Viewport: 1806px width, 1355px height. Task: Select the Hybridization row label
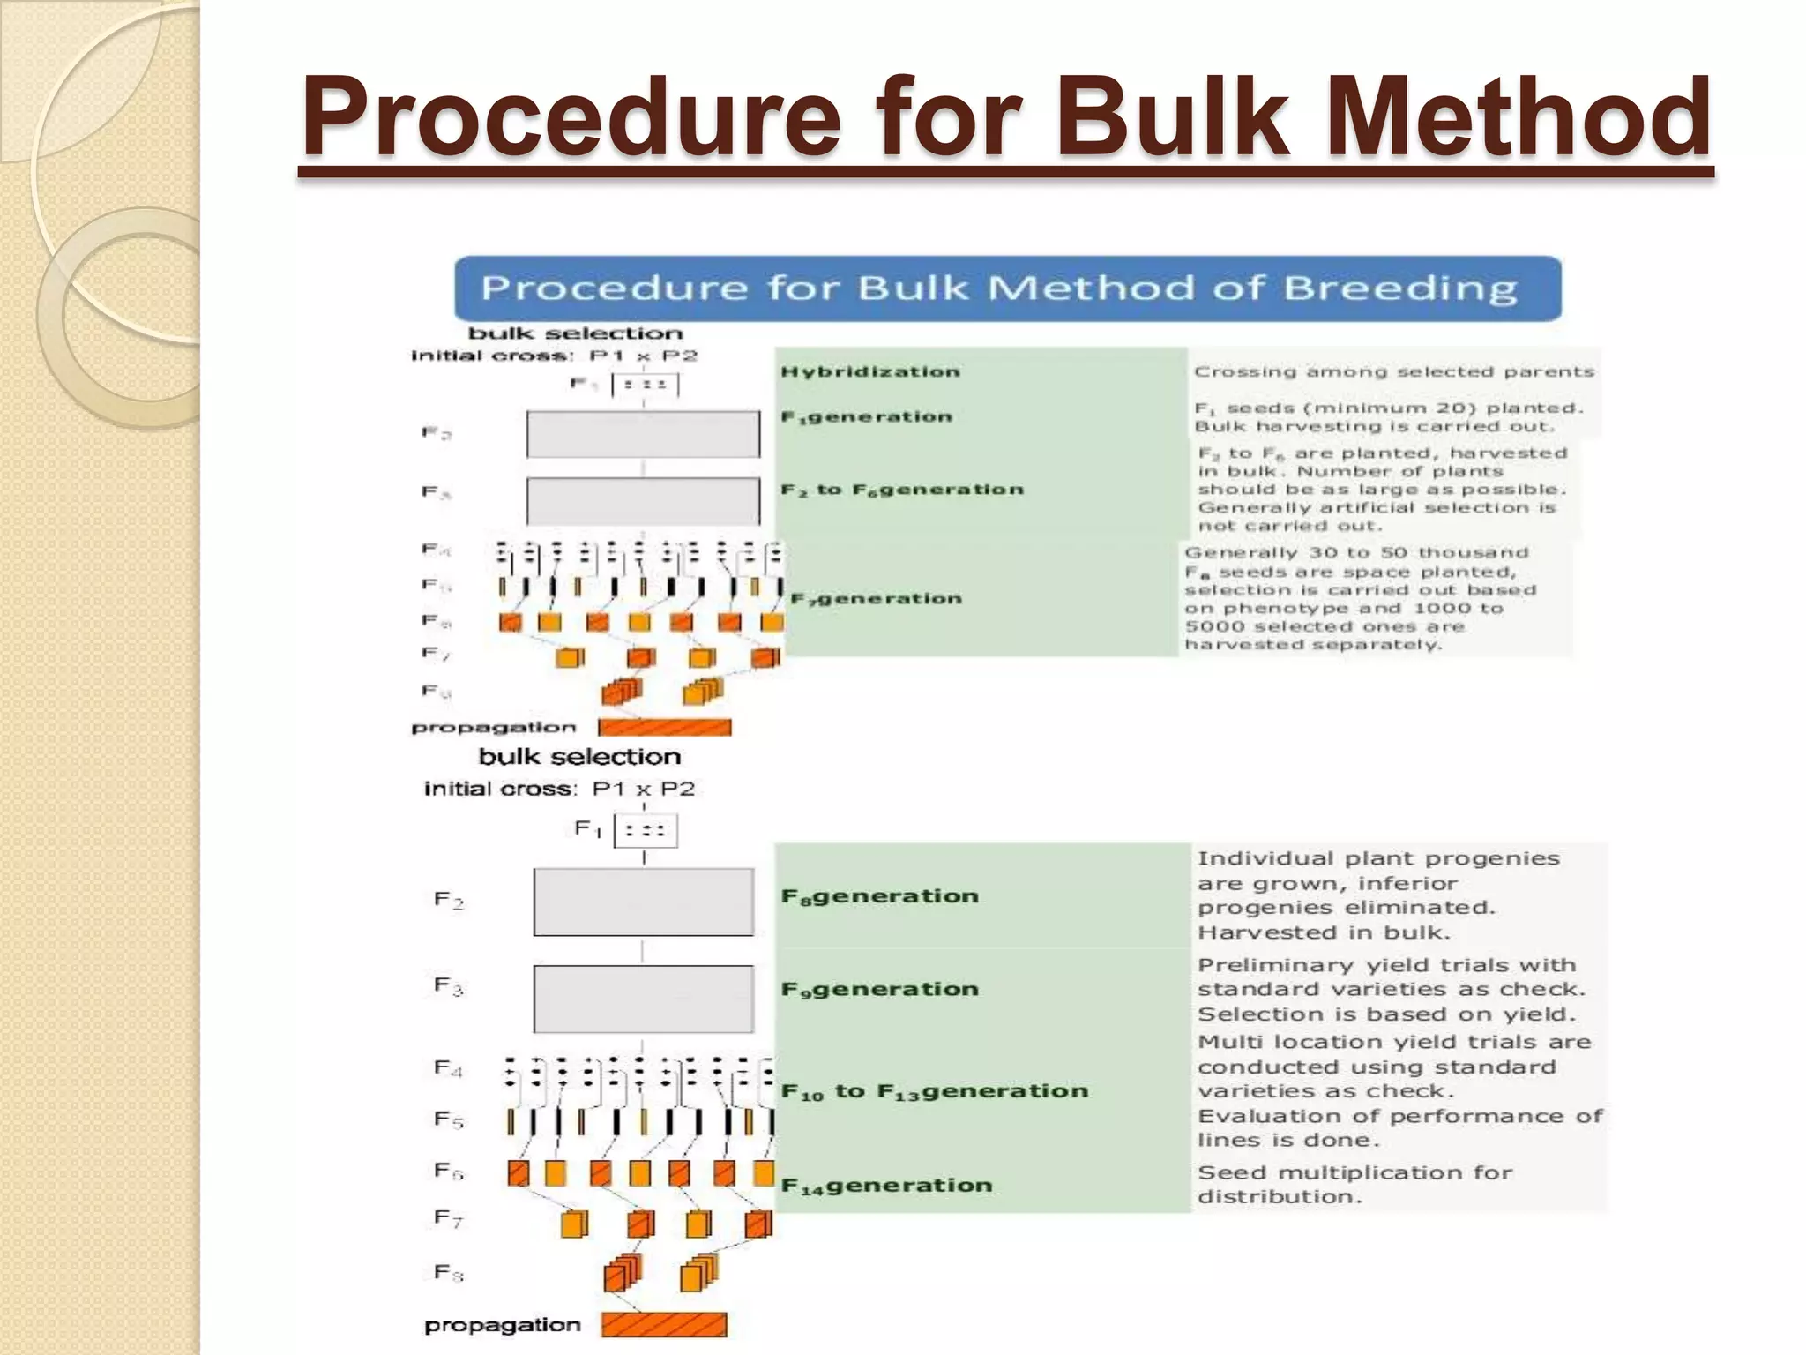[x=869, y=371]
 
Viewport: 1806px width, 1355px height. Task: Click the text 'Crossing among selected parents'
[x=1393, y=371]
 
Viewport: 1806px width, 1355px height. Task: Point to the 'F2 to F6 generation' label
[x=902, y=490]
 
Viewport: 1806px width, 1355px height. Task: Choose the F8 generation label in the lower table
[x=879, y=896]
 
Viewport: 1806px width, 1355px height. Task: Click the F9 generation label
[x=879, y=990]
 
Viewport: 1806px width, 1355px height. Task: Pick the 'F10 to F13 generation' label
[x=934, y=1092]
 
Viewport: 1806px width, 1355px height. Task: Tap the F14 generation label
[x=886, y=1186]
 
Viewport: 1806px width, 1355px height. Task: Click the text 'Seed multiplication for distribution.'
[x=1354, y=1185]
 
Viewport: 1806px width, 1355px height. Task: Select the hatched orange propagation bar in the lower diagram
[x=664, y=1324]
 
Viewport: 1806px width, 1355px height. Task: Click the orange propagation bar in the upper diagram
[x=664, y=728]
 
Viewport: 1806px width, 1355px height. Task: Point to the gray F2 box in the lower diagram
[x=643, y=902]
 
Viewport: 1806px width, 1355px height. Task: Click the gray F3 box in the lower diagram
[x=643, y=999]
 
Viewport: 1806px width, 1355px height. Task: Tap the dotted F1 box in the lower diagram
[x=645, y=830]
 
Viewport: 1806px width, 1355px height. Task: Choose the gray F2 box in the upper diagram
[x=643, y=434]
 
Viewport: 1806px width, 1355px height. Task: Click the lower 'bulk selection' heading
[x=579, y=757]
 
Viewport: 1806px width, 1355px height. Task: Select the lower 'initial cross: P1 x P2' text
[x=559, y=789]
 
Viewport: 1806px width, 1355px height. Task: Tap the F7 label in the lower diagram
[x=448, y=1219]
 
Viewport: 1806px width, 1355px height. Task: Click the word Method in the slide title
[x=1518, y=117]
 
